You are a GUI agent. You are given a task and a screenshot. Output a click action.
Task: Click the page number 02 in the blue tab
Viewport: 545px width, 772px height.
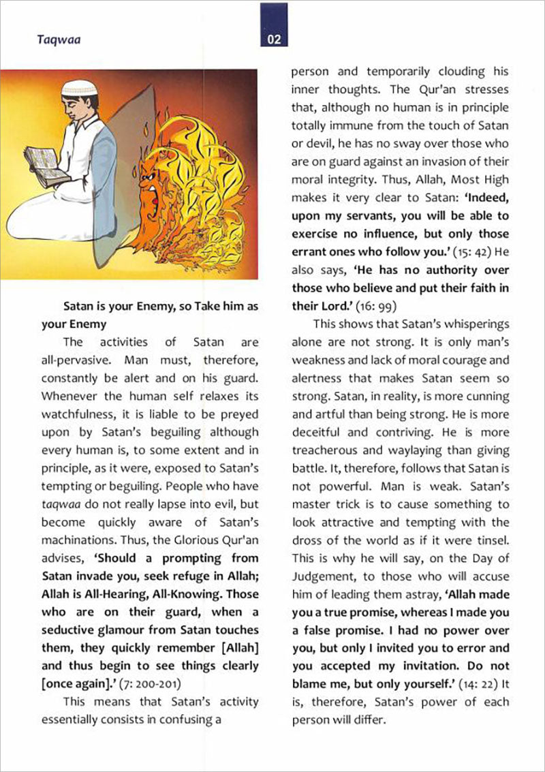tap(274, 40)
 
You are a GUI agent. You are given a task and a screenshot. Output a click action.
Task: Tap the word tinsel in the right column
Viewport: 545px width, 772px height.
tap(493, 540)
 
